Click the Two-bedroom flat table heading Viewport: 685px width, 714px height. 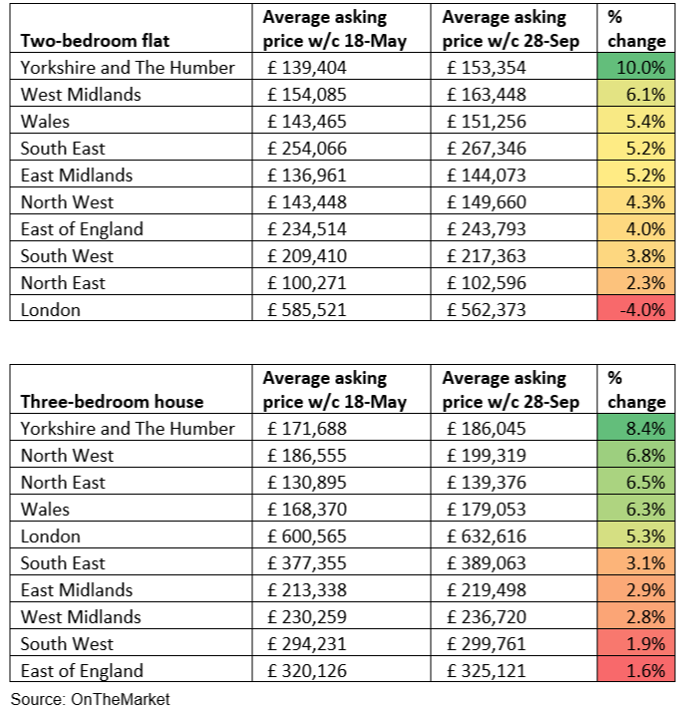pos(96,41)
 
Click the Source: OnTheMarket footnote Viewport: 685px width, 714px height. pos(91,700)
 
